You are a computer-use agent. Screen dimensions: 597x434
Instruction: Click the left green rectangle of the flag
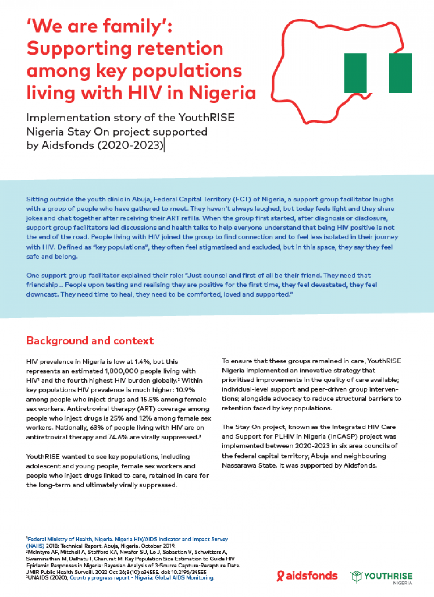coord(355,73)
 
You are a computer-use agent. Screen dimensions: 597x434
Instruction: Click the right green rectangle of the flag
coord(400,73)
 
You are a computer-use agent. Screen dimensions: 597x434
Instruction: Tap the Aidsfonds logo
coord(307,576)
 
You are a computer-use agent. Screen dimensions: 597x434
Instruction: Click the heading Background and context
coord(90,341)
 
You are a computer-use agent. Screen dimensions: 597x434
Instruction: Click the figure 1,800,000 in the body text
coord(125,371)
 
